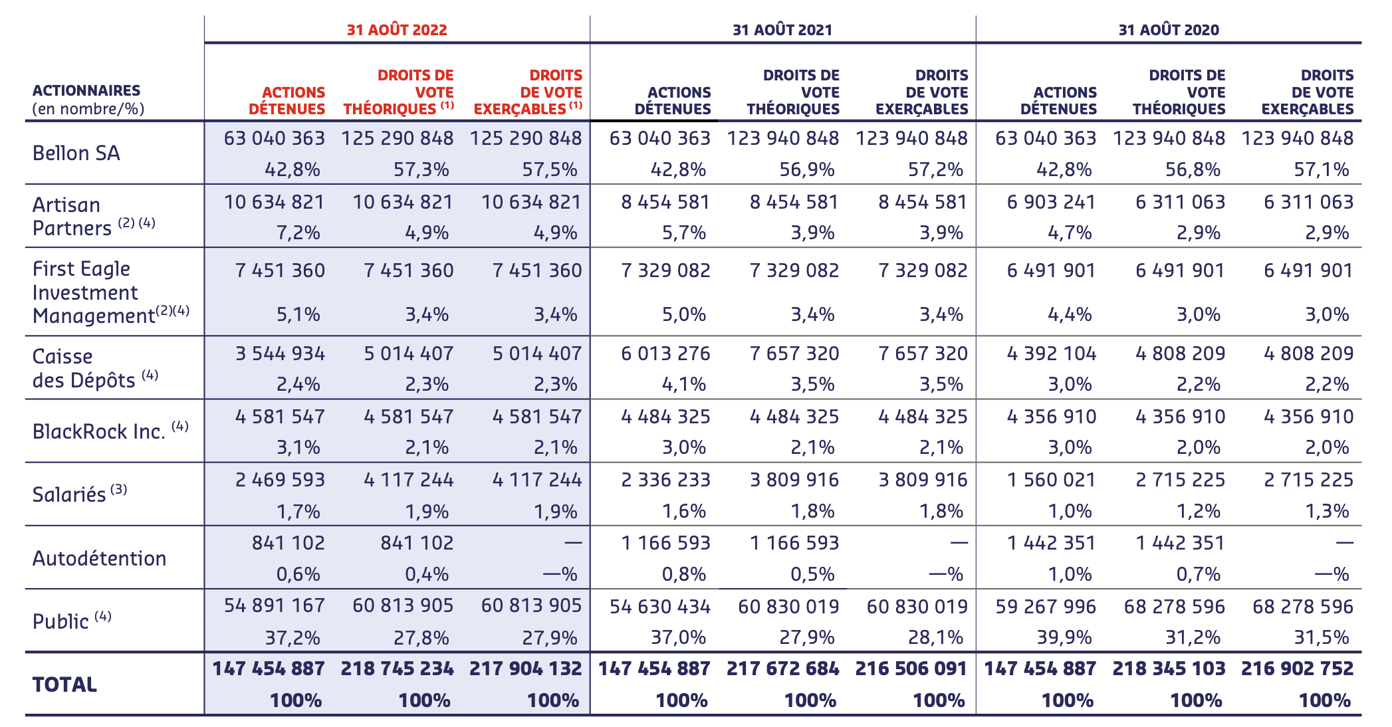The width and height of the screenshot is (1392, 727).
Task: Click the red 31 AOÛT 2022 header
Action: click(x=397, y=30)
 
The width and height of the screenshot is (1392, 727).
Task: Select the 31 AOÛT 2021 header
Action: click(x=782, y=30)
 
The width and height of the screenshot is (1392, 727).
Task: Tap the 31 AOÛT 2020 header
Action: click(x=1169, y=30)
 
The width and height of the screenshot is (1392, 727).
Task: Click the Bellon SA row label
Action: click(x=76, y=154)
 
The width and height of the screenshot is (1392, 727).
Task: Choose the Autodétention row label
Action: click(x=100, y=558)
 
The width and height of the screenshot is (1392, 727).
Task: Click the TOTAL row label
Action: click(x=64, y=684)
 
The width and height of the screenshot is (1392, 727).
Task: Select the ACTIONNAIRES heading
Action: click(x=86, y=91)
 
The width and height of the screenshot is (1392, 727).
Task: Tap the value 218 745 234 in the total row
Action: click(x=397, y=669)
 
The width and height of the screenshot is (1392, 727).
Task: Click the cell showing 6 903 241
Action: click(x=1051, y=202)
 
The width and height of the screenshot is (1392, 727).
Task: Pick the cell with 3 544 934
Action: click(x=280, y=354)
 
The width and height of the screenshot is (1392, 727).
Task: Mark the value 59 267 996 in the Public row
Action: click(x=1046, y=607)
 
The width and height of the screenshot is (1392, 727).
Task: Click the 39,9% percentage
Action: click(x=1064, y=638)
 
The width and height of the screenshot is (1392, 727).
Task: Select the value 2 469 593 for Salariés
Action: click(x=280, y=480)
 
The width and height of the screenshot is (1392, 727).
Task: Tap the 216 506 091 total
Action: click(x=911, y=669)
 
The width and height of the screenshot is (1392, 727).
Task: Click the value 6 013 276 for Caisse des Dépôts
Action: click(x=665, y=354)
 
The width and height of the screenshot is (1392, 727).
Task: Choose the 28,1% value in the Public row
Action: click(x=935, y=638)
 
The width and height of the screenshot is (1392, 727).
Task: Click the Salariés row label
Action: click(x=69, y=495)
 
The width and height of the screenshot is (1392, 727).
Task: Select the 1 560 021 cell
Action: click(x=1051, y=480)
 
